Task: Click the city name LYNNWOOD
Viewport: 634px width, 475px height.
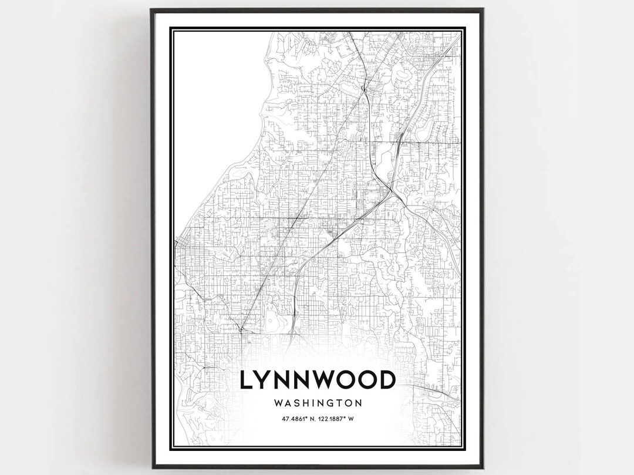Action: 317,380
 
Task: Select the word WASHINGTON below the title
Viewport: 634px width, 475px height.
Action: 317,403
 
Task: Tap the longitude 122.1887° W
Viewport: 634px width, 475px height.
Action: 339,419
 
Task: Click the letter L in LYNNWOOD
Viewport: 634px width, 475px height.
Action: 247,380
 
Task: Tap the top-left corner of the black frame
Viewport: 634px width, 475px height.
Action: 151,9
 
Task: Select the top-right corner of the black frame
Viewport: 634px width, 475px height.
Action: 483,9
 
